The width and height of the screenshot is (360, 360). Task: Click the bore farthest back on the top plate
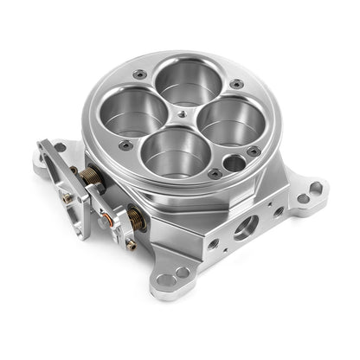pos(184,82)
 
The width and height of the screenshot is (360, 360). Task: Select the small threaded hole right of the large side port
pos(277,210)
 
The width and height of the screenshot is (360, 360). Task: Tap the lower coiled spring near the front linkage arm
pos(137,218)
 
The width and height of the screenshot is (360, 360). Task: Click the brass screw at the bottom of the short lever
pos(130,244)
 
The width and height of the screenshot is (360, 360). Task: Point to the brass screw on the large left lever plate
pos(67,197)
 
